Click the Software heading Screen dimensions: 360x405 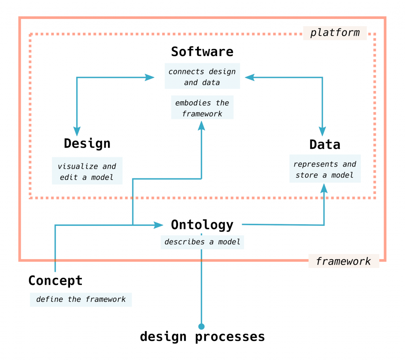coord(202,52)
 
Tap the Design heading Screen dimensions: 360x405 coord(87,143)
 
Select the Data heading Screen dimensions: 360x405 coord(325,144)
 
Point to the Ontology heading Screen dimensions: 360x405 coord(202,225)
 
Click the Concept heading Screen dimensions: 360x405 coord(55,280)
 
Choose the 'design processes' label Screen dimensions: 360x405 coord(202,337)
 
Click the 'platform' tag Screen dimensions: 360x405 coord(335,32)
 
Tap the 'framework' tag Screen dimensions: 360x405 coord(343,261)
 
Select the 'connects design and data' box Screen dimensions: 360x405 coord(202,77)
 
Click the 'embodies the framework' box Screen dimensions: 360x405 coord(202,108)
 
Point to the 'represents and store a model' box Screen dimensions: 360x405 coord(325,169)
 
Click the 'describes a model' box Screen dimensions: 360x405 coord(202,242)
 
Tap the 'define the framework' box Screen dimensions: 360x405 coord(81,299)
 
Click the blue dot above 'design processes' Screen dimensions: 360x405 coord(202,326)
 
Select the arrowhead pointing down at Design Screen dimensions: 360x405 coord(77,132)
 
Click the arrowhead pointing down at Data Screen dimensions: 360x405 coord(323,132)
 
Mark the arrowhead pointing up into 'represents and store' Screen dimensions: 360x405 coord(324,189)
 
